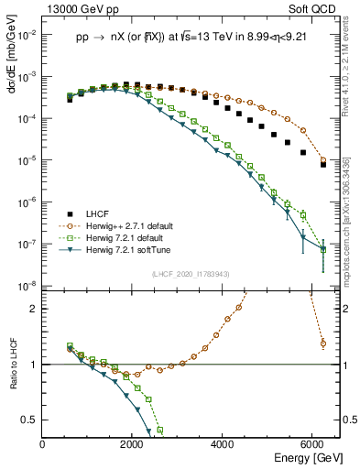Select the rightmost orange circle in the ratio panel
[x=322, y=344]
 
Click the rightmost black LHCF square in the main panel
[x=322, y=165]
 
